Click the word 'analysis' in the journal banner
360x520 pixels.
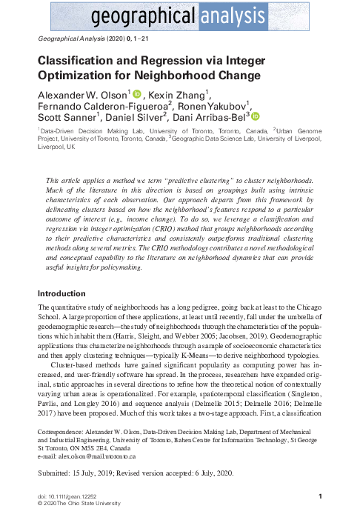pyautogui.click(x=241, y=15)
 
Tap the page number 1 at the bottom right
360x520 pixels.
pyautogui.click(x=319, y=496)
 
